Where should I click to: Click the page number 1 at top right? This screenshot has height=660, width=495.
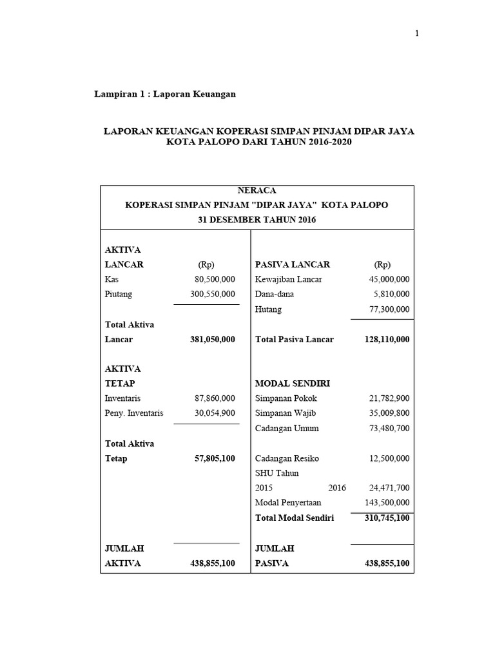click(417, 34)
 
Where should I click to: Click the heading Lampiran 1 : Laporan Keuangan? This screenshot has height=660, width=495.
click(166, 94)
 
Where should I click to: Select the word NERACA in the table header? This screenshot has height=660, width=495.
click(257, 191)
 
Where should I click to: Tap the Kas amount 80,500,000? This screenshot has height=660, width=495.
click(215, 280)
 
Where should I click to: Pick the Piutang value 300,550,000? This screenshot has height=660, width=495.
click(213, 295)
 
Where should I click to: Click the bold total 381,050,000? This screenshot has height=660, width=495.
click(213, 340)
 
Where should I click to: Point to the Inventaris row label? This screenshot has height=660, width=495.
click(122, 399)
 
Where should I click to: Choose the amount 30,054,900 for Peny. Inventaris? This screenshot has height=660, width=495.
click(215, 414)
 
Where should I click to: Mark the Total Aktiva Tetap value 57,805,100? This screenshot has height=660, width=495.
click(215, 459)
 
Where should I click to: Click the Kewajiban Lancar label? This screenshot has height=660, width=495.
click(289, 280)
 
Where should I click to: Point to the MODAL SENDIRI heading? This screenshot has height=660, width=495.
click(293, 383)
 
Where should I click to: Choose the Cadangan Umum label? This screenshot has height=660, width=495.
click(287, 429)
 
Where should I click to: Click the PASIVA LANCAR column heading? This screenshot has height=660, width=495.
click(293, 265)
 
